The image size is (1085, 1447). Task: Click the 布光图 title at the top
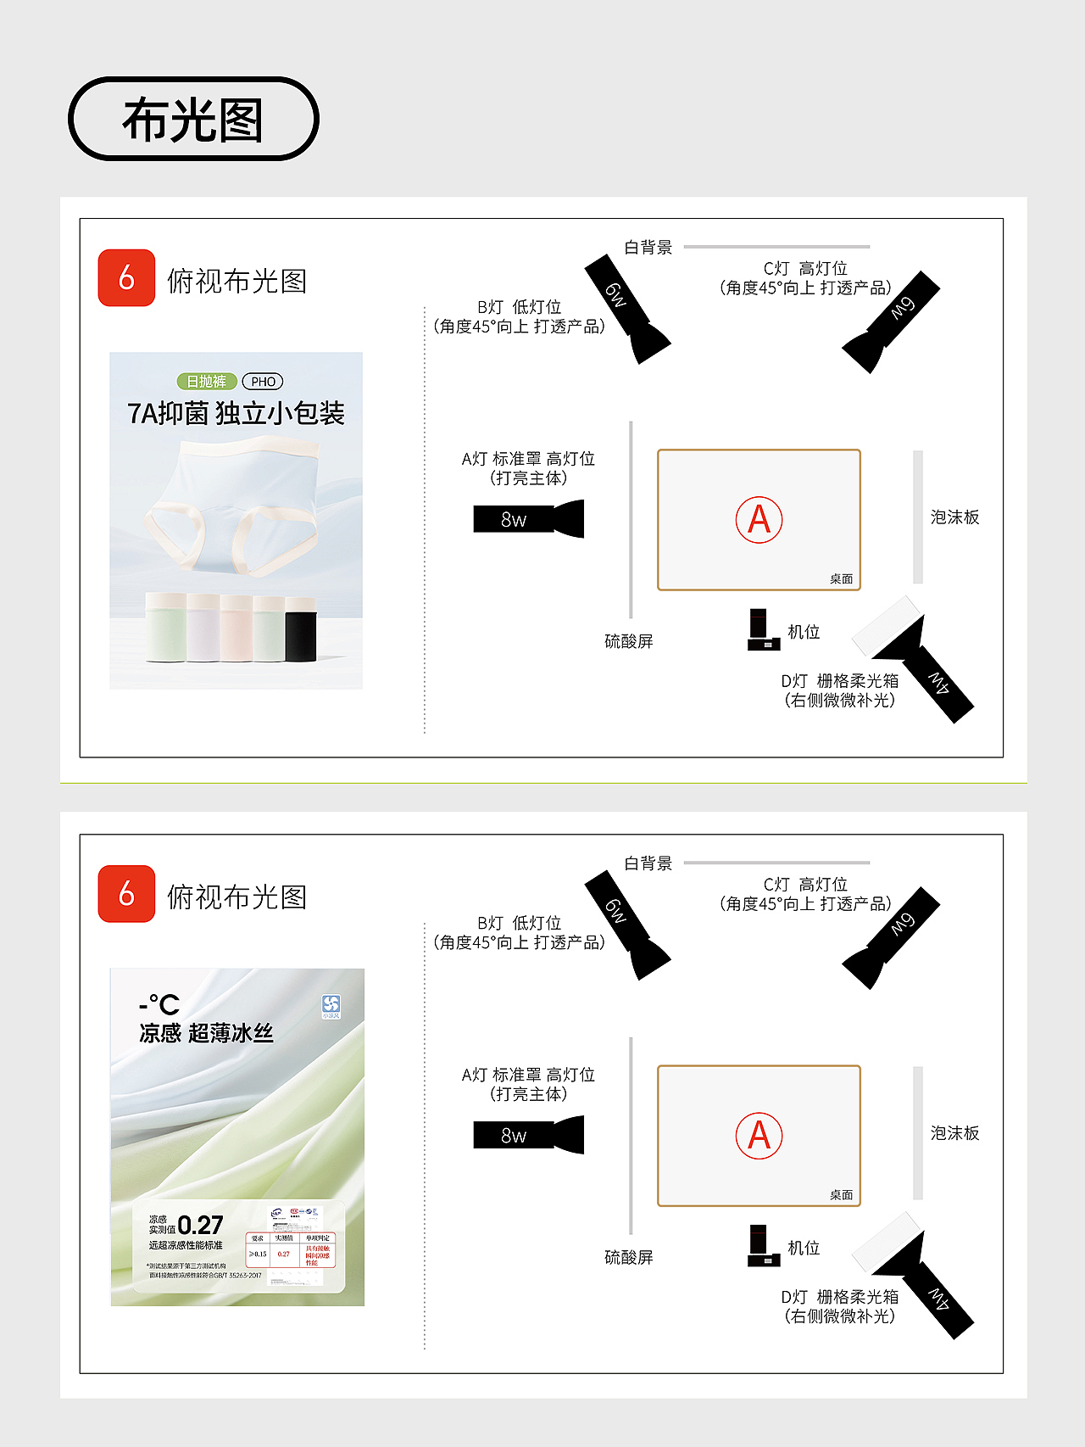click(x=193, y=119)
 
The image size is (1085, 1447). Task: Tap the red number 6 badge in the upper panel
click(x=126, y=277)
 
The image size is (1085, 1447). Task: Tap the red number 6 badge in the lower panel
click(x=126, y=893)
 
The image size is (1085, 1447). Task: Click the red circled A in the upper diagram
click(x=759, y=520)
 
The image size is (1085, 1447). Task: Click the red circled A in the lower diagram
click(x=759, y=1136)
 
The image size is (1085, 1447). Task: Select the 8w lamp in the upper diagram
click(x=527, y=519)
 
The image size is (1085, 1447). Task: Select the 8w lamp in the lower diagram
click(x=527, y=1135)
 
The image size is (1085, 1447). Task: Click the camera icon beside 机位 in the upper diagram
click(x=762, y=631)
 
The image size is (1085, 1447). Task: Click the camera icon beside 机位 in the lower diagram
click(x=762, y=1247)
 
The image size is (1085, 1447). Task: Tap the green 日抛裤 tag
click(x=206, y=382)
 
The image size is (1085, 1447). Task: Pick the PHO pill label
click(x=263, y=382)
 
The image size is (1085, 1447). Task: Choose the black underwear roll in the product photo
click(x=301, y=629)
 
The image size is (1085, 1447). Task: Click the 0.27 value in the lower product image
click(x=200, y=1225)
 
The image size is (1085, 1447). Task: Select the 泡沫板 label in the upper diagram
click(x=954, y=517)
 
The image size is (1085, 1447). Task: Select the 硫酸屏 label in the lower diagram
click(x=628, y=1257)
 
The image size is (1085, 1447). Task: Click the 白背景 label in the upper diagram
click(x=648, y=248)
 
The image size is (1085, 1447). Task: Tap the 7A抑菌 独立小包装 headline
click(x=236, y=413)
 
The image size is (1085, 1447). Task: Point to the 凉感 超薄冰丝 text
click(x=206, y=1032)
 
